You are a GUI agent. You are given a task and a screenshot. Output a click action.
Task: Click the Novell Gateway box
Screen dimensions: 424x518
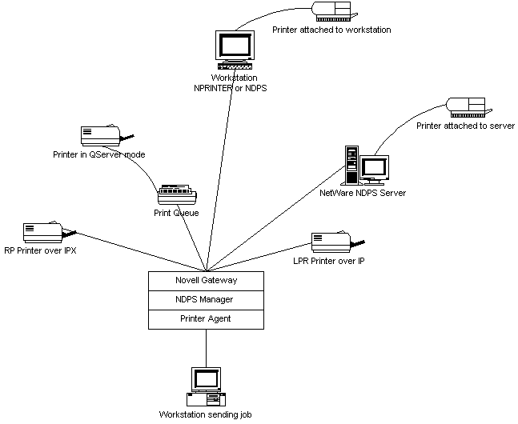click(207, 281)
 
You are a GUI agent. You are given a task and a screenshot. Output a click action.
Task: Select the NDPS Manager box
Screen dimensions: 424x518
click(207, 300)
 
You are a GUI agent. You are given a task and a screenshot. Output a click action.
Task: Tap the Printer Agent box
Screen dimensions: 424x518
click(207, 319)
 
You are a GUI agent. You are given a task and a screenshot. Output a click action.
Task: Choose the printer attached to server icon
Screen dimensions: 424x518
click(465, 108)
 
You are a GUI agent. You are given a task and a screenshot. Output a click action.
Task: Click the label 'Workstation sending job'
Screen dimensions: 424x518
click(206, 414)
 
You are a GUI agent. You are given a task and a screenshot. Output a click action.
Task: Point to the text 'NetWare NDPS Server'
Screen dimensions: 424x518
click(363, 193)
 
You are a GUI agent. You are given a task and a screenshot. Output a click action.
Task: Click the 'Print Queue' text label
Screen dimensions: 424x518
click(176, 213)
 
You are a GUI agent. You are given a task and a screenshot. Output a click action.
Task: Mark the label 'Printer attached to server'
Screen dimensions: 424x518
click(465, 126)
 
